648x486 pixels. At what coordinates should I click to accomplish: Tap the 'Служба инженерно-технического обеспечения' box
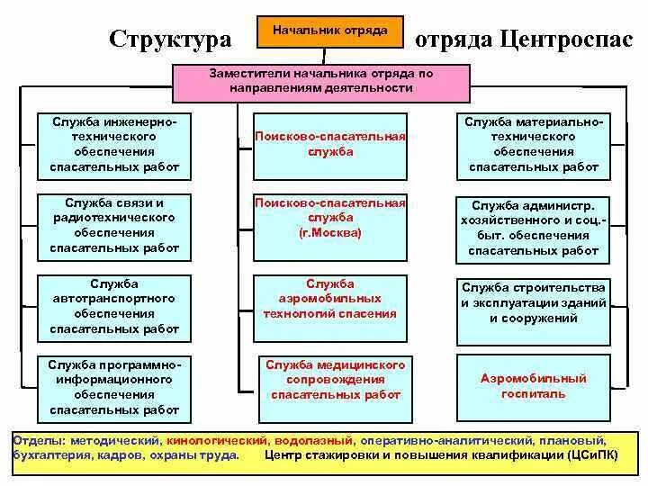pyautogui.click(x=114, y=144)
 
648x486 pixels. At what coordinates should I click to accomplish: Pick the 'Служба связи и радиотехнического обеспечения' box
pyautogui.click(x=114, y=225)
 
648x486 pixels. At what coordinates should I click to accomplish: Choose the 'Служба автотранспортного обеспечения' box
pyautogui.click(x=114, y=306)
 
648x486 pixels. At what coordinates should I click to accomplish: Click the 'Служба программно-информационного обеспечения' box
pyautogui.click(x=114, y=388)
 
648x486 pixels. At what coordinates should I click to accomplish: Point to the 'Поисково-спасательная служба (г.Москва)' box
pyautogui.click(x=329, y=225)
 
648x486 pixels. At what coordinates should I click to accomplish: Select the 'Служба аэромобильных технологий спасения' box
pyautogui.click(x=329, y=306)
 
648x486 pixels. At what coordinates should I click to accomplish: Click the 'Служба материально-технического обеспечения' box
pyautogui.click(x=533, y=144)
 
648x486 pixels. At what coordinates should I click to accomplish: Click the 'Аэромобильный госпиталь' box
pyautogui.click(x=533, y=387)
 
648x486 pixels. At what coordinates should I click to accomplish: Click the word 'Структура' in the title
pyautogui.click(x=170, y=39)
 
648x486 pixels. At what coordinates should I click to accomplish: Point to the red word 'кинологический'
pyautogui.click(x=216, y=442)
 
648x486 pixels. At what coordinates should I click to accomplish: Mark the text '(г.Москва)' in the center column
pyautogui.click(x=329, y=232)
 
